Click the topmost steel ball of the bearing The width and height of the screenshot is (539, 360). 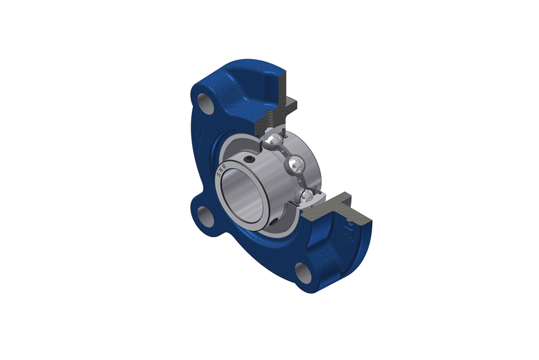coord(273,140)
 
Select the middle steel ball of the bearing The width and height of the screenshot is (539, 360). coord(295,165)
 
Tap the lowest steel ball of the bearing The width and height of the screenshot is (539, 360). coord(306,196)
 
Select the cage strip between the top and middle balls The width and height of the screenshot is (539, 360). coord(283,152)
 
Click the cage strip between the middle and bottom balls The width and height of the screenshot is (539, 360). coord(301,182)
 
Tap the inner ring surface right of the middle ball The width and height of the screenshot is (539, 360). coord(309,165)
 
